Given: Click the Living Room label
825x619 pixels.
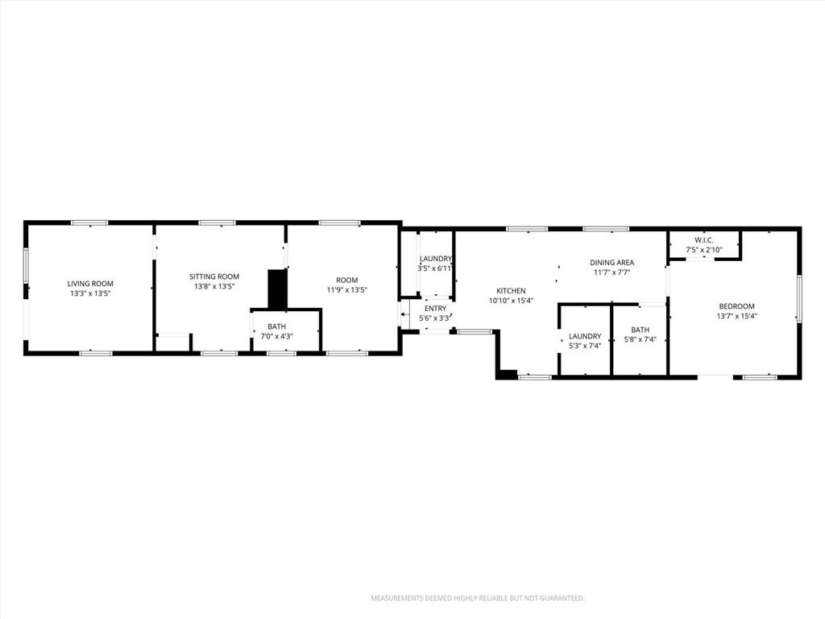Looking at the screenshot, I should point(89,284).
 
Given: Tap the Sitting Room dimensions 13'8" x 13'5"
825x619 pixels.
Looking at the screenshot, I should point(214,287).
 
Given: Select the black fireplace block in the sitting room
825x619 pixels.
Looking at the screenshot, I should point(277,289).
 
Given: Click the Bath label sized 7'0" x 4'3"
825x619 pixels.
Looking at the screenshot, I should point(276,326).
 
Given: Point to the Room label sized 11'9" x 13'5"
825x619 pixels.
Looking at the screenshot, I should point(346,280).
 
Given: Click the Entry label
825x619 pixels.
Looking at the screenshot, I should point(435,308).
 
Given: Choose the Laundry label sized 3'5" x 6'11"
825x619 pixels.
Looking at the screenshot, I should point(435,259).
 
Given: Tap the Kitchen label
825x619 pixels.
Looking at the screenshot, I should point(511,291).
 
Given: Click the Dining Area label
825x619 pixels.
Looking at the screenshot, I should point(611,262).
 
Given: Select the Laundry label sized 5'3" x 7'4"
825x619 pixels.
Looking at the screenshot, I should point(584,336).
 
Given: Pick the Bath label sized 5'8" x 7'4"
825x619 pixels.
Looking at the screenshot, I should point(640,330).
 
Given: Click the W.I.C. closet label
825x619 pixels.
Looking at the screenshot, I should point(704,239).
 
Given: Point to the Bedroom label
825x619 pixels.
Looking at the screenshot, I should point(736,306).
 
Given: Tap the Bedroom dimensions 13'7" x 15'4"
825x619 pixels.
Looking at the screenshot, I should point(736,317).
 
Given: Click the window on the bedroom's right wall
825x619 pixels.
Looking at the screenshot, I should point(799,299).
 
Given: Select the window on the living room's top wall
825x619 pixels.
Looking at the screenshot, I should point(89,222).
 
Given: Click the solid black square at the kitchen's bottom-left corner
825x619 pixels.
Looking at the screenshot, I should point(507,373).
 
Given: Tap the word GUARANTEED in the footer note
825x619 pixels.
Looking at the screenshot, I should point(558,599).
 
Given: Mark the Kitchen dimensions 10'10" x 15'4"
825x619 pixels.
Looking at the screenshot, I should point(511,301).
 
